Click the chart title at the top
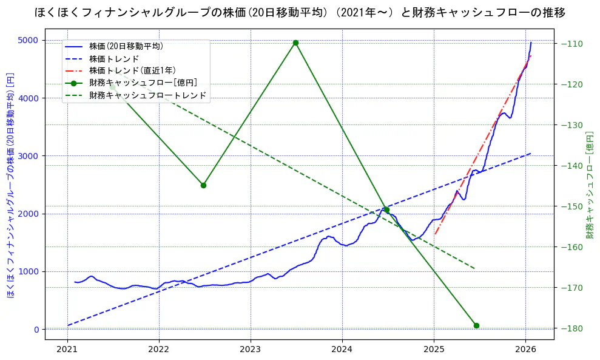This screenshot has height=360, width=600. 300,12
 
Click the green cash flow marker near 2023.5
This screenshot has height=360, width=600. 295,42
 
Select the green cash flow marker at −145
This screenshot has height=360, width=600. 203,185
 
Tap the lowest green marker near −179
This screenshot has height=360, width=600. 476,325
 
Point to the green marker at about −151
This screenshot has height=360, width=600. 386,209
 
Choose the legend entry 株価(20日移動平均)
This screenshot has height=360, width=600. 126,46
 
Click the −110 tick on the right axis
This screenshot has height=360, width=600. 573,44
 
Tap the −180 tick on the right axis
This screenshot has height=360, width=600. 573,328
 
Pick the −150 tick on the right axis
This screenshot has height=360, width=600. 573,206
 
